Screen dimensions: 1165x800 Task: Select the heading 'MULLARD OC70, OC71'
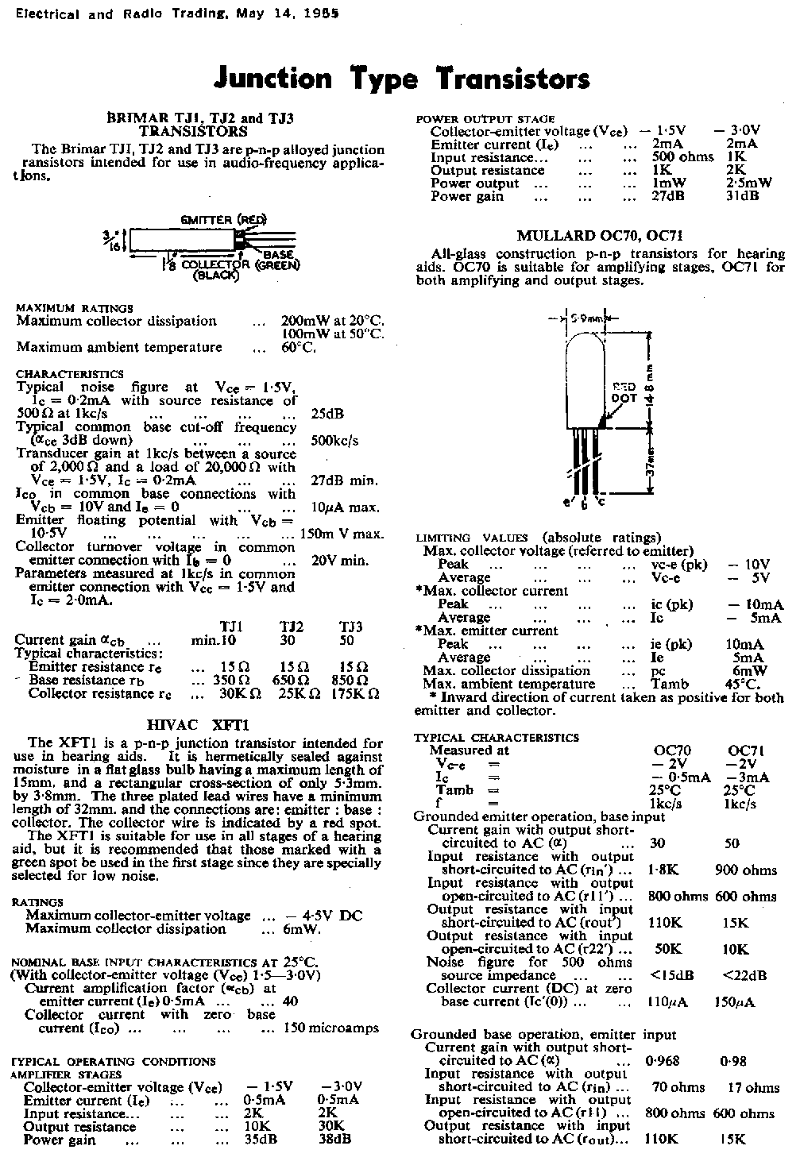[x=600, y=235]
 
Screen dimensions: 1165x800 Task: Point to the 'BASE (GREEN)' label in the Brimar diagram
[x=277, y=260]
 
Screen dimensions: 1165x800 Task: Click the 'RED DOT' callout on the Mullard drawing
[x=625, y=392]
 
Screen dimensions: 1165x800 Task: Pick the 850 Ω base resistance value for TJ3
[x=349, y=680]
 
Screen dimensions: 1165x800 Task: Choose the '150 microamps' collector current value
[x=331, y=1028]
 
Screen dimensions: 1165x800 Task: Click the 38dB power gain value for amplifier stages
[x=334, y=1140]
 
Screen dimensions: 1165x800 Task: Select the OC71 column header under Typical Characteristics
[x=746, y=750]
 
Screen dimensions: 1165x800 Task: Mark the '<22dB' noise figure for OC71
[x=745, y=975]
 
